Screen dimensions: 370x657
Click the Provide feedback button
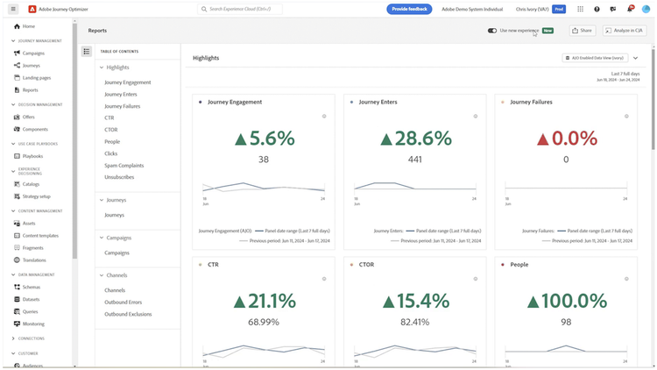click(x=409, y=9)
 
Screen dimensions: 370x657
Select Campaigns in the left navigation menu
click(x=33, y=53)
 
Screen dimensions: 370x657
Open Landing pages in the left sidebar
click(x=36, y=78)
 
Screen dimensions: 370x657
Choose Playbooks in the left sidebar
click(x=32, y=156)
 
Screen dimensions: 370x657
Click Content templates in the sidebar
click(x=40, y=236)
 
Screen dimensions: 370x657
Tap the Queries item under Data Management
click(x=31, y=311)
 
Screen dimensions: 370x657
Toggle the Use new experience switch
click(x=492, y=31)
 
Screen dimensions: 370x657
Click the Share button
click(x=582, y=31)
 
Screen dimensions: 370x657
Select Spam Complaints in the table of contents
click(x=124, y=165)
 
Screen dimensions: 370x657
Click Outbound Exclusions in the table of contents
click(x=128, y=314)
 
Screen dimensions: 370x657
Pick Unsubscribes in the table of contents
click(x=120, y=177)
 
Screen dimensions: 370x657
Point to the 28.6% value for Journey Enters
click(x=415, y=139)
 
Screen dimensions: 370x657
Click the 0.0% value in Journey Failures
click(x=566, y=139)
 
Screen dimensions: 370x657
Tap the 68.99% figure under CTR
click(x=264, y=322)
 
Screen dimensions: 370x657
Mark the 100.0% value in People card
click(x=566, y=301)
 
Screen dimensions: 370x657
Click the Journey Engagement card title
click(x=234, y=102)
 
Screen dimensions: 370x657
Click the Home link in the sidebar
click(x=29, y=26)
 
